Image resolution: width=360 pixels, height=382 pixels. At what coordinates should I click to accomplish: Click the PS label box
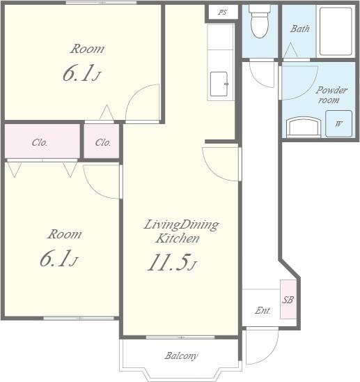coord(223,12)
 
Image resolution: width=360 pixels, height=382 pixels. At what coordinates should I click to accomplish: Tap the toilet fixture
coord(260,22)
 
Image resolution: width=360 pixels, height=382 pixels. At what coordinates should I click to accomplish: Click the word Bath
coord(300,29)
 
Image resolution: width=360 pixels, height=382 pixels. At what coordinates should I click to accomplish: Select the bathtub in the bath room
coord(336,31)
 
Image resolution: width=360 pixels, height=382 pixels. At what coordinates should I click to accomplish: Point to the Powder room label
coord(331,95)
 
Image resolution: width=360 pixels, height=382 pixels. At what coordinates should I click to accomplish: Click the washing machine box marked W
coord(338,123)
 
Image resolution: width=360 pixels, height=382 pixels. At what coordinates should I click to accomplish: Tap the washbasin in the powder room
coord(304,125)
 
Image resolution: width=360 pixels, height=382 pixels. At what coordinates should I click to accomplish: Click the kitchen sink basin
coord(219,84)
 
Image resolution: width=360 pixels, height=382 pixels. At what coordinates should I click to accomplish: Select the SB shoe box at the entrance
coord(288,299)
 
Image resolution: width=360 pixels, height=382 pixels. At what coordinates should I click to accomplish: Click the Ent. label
coord(263,310)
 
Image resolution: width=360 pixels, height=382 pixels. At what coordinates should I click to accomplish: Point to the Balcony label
coord(181,356)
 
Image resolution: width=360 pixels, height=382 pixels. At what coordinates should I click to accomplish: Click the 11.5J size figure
coord(172,263)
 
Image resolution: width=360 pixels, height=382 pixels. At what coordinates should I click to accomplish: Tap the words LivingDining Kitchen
coord(181,231)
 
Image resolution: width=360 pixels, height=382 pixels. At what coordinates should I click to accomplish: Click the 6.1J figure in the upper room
coord(81,73)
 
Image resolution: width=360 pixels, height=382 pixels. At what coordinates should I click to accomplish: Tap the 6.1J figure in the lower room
coord(58,258)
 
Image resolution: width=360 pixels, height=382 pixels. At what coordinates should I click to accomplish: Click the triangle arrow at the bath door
coord(290,50)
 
